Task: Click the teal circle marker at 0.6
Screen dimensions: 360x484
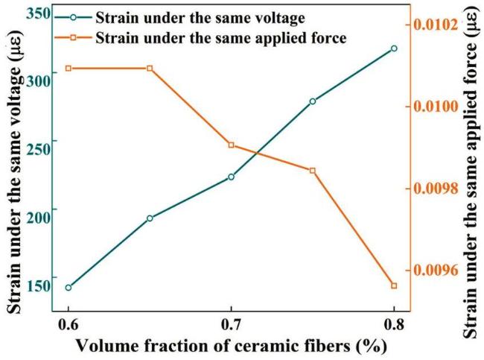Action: (69, 288)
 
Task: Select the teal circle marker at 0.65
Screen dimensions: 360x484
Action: (150, 218)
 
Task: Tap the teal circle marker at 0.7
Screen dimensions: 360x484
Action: (231, 177)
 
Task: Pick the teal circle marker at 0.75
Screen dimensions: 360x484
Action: (313, 101)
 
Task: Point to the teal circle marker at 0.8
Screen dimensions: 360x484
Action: (394, 48)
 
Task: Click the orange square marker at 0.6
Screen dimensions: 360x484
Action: (69, 69)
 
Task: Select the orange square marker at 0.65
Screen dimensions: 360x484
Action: (150, 69)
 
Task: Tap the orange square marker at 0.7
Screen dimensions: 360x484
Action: (231, 145)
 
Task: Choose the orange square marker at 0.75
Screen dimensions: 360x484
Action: (313, 171)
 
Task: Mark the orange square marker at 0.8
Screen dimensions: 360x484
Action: (394, 285)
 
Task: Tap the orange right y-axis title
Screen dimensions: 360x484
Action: (469, 179)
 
